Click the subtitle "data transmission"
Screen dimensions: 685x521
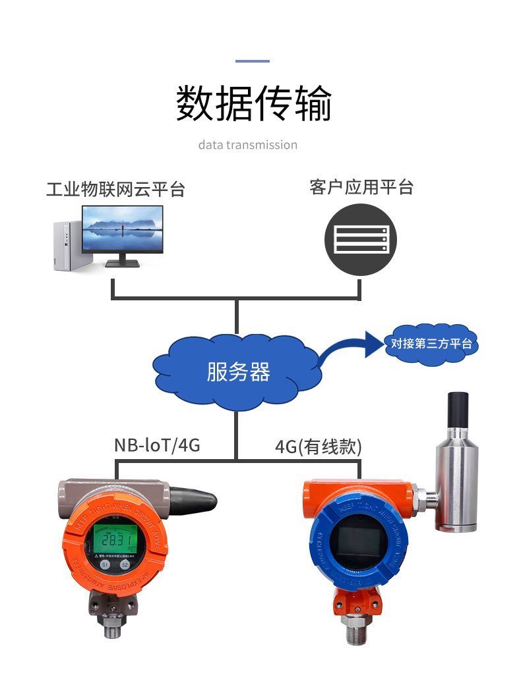coord(247,145)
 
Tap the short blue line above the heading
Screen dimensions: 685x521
coord(253,61)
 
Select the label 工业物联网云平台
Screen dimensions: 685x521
coord(115,190)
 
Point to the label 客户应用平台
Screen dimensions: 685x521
coord(361,187)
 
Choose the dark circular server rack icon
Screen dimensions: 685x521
coord(360,239)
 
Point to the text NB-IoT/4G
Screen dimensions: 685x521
coord(157,446)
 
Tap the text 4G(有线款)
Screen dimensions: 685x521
coord(319,447)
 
